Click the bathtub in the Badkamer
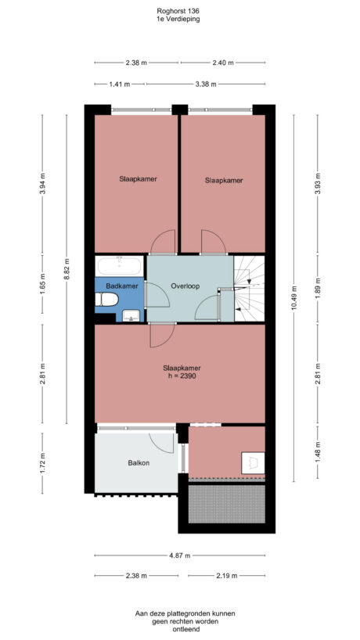tap(119, 266)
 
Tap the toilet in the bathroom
tap(106, 300)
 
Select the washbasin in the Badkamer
tap(132, 315)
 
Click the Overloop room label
tap(185, 286)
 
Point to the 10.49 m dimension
tap(294, 296)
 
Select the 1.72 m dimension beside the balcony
tap(41, 464)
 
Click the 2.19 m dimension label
tap(227, 576)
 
